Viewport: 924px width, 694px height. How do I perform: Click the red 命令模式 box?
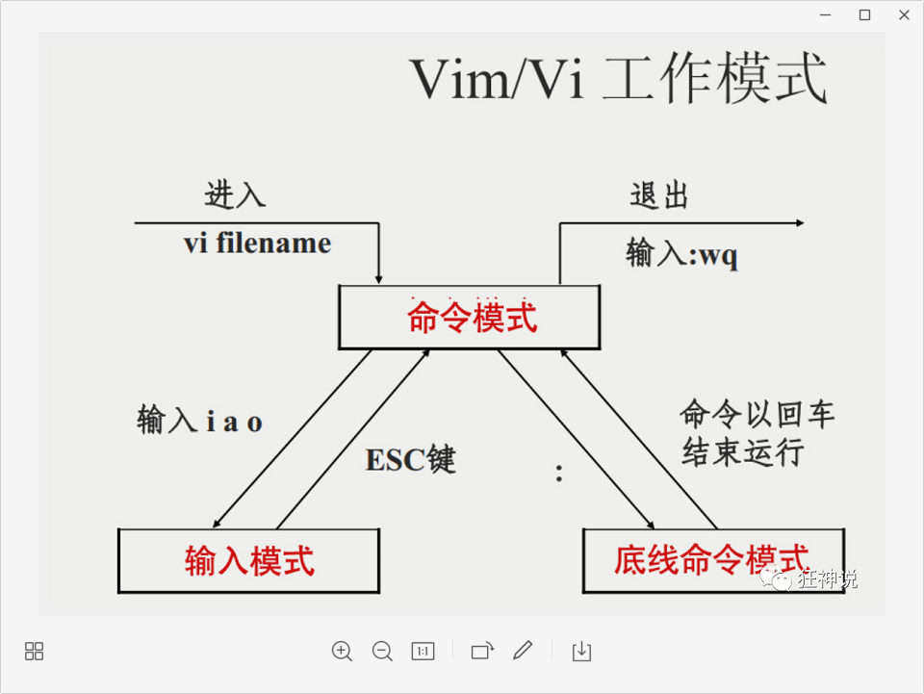point(470,318)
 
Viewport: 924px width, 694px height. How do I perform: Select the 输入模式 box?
point(248,560)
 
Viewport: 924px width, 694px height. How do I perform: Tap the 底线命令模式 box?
point(712,560)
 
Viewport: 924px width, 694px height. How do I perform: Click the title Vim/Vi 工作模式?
point(619,80)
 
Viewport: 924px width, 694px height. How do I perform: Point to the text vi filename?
point(257,244)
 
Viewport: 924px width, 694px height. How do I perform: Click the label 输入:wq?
point(681,254)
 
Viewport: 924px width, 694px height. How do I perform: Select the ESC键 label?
point(410,460)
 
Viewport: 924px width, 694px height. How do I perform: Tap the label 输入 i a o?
point(200,421)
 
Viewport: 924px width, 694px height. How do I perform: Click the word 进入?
point(235,195)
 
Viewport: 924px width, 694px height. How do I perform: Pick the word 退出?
point(659,196)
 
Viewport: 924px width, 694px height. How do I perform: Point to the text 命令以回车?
point(757,414)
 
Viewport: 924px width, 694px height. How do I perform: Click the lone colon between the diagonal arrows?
point(558,473)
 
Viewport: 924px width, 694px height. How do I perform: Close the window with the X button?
point(904,14)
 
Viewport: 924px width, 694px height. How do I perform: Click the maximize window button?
point(864,14)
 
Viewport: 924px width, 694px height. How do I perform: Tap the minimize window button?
point(825,14)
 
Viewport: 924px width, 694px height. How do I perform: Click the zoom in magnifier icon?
point(342,652)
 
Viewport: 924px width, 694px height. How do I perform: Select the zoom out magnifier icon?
point(382,652)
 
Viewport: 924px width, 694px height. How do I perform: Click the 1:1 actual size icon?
point(423,652)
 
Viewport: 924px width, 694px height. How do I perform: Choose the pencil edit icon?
point(523,652)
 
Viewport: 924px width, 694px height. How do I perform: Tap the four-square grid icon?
point(34,652)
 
